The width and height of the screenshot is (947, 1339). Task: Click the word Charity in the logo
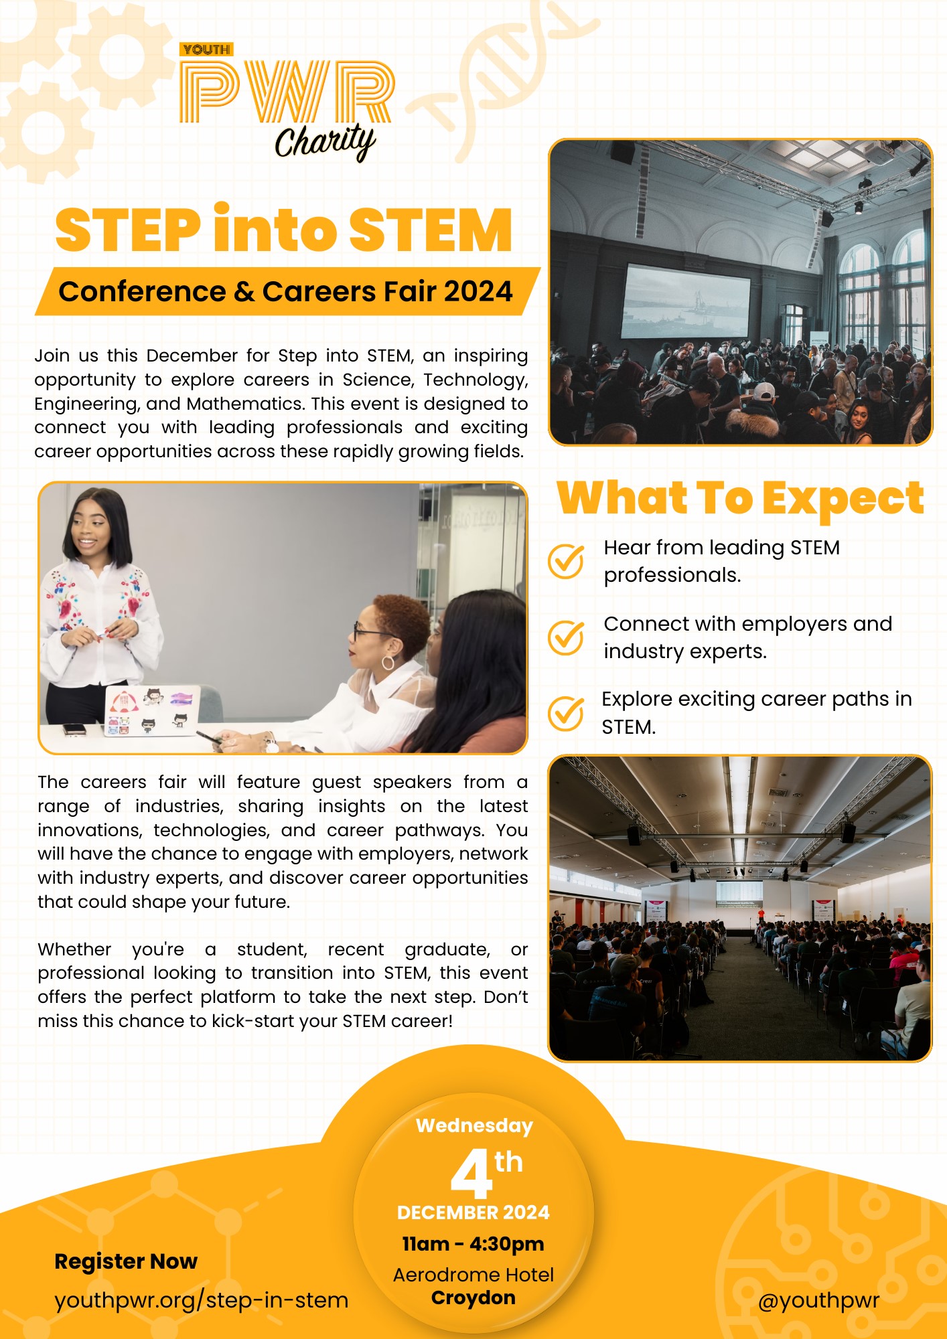(325, 142)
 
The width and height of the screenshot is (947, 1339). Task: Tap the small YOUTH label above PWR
(206, 50)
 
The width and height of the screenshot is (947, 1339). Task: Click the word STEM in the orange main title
(430, 230)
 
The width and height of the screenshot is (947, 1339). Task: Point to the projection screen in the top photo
(686, 301)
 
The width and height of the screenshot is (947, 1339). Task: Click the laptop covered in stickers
(152, 710)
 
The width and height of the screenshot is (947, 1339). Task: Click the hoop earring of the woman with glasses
(388, 663)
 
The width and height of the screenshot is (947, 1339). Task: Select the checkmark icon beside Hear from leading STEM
(566, 560)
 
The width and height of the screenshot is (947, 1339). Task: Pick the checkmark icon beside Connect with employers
(566, 637)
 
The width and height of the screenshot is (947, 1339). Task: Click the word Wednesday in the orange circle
(474, 1126)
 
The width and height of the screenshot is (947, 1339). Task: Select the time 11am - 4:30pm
(473, 1244)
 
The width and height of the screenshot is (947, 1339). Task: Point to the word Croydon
(473, 1297)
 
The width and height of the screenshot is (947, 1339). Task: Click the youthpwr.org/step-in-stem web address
(201, 1300)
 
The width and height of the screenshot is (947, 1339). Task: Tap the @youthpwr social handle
(818, 1300)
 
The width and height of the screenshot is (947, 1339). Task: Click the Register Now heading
(126, 1261)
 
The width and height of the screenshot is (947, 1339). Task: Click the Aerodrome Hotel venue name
(473, 1275)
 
